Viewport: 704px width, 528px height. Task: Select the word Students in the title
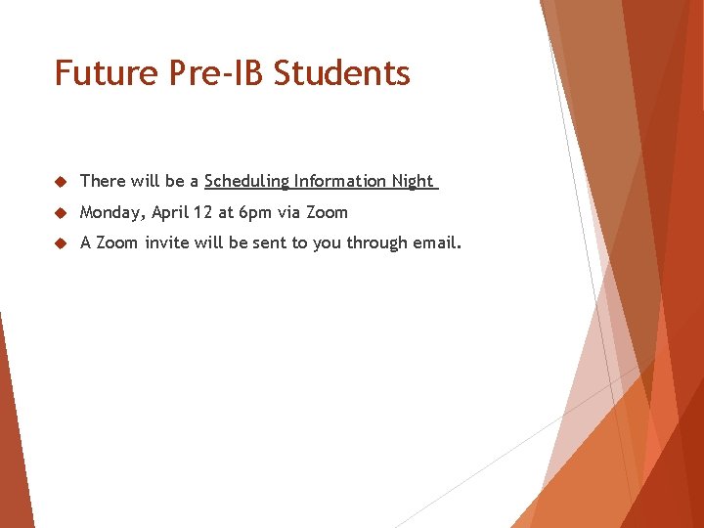342,73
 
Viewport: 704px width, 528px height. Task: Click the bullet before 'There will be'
60,182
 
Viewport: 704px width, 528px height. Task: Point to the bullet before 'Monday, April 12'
60,213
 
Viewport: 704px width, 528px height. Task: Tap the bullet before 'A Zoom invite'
60,243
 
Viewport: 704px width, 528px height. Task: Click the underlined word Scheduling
247,181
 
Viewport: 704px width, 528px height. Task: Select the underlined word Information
341,181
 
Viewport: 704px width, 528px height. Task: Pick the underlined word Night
413,181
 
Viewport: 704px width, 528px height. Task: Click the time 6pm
254,212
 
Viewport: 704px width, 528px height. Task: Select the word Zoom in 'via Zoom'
328,212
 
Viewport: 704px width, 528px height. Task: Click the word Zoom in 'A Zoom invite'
117,242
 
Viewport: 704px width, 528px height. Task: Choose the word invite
167,242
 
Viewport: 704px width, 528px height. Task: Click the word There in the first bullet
103,181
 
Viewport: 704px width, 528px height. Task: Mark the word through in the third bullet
374,242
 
